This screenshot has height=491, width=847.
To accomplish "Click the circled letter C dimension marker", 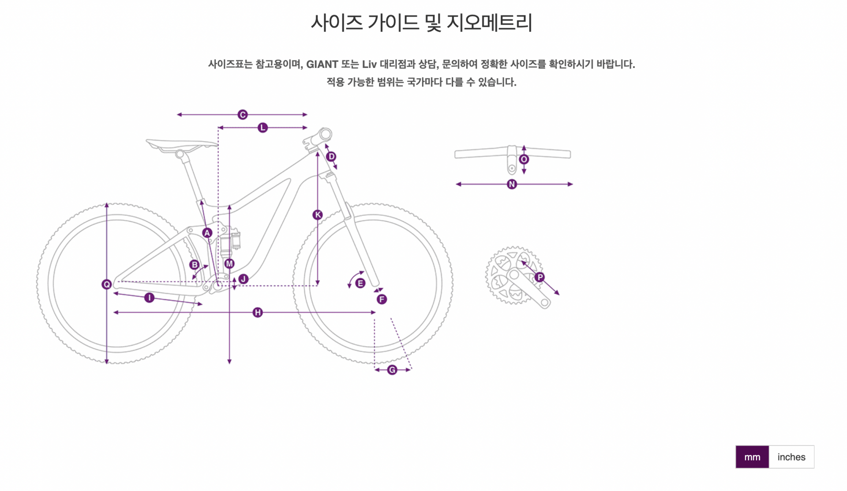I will [242, 115].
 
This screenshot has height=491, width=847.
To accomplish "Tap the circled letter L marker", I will [262, 128].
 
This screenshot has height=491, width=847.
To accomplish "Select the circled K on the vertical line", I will [317, 215].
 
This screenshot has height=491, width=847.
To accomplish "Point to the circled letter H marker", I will [258, 313].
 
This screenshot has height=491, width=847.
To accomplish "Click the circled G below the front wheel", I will [392, 370].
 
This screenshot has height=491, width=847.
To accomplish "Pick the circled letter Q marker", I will [106, 284].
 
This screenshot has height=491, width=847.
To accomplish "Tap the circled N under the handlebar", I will [512, 184].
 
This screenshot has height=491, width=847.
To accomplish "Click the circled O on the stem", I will [524, 159].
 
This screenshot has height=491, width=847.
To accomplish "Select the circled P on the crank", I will [540, 277].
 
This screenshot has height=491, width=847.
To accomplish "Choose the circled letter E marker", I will [360, 283].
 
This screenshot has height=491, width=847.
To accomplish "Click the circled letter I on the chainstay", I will [149, 298].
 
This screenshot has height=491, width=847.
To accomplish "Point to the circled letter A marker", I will [207, 233].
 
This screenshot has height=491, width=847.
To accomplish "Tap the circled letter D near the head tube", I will [331, 157].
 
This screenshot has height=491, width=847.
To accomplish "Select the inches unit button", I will [791, 457].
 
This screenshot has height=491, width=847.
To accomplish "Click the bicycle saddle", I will [181, 144].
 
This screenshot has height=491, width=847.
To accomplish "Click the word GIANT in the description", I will [322, 64].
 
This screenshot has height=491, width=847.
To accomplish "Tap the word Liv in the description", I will [369, 64].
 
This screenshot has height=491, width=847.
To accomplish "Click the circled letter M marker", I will [229, 264].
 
